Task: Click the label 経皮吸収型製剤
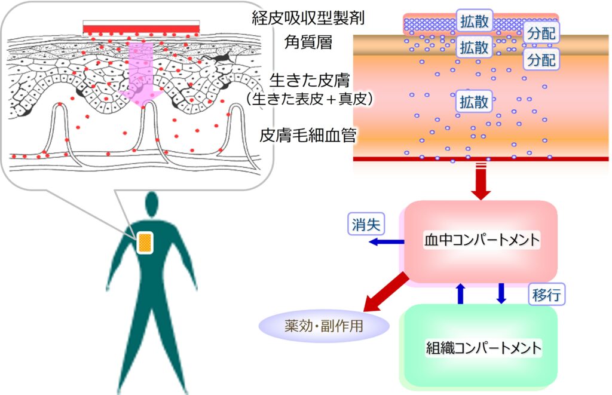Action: click(x=308, y=18)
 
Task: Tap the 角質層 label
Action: click(x=308, y=42)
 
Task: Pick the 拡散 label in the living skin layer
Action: click(x=474, y=102)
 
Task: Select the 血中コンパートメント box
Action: click(x=481, y=240)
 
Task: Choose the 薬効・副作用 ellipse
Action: click(x=323, y=326)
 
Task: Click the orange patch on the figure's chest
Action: click(x=145, y=243)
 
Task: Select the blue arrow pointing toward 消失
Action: click(x=385, y=241)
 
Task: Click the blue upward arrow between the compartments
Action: click(x=460, y=293)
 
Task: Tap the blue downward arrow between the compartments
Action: click(x=501, y=293)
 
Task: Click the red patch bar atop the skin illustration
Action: click(x=141, y=29)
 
